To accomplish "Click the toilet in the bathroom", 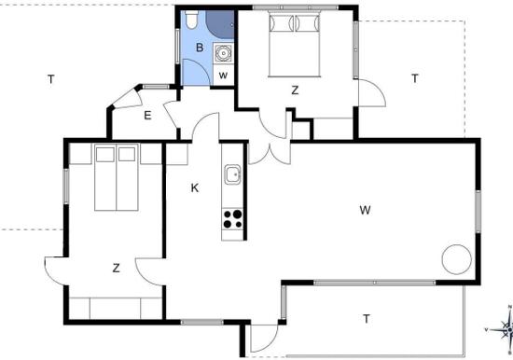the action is coord(191,20).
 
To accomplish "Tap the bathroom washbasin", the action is coord(224,52).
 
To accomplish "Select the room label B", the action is coord(200,48).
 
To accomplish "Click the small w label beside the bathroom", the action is coord(223,76).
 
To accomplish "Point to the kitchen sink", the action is coord(232,174).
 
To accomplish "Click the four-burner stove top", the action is coord(232,219).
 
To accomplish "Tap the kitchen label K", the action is coord(195,188).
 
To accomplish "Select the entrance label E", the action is coord(147,116).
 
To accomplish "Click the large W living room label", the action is coord(365,210).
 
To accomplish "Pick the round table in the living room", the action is coord(457,259).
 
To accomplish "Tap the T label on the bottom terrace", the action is coord(367,318).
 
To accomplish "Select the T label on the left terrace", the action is coord(50,79).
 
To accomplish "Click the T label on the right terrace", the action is coord(415,78).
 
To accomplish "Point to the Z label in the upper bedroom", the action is coord(295,90).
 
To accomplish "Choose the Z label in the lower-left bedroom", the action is coord(116,269).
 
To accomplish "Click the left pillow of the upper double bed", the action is coord(281,23).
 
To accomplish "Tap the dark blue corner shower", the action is coord(220,23).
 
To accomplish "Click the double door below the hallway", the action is coord(270,153).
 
